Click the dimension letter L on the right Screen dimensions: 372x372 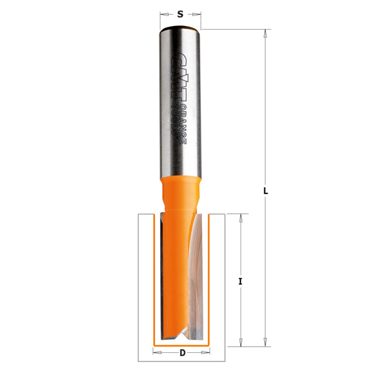coord(265,192)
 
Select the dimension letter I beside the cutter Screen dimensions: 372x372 coord(240,281)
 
